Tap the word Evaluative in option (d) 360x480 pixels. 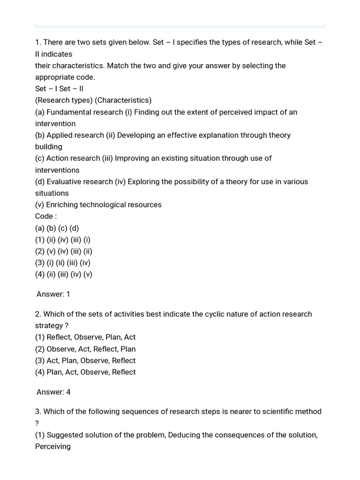pyautogui.click(x=64, y=181)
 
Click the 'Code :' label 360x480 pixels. pyautogui.click(x=46, y=216)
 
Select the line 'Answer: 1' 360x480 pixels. pyautogui.click(x=53, y=294)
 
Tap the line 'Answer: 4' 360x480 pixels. pyautogui.click(x=53, y=392)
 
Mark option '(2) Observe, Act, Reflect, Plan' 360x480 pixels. pyautogui.click(x=85, y=349)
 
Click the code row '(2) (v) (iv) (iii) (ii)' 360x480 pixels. pyautogui.click(x=64, y=251)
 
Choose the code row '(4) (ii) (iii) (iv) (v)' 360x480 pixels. pyautogui.click(x=64, y=274)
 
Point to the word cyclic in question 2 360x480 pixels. pyautogui.click(x=215, y=314)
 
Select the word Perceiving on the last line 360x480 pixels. pyautogui.click(x=53, y=446)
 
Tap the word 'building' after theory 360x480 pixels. pyautogui.click(x=49, y=147)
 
